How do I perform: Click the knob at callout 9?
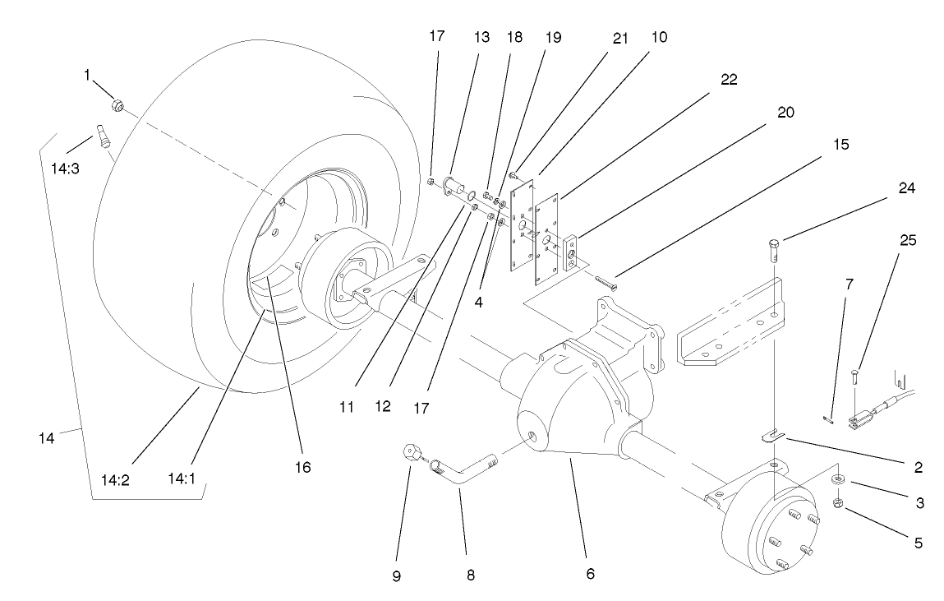(411, 452)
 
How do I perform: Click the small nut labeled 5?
(835, 502)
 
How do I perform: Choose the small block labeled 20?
(573, 252)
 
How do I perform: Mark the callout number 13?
(481, 37)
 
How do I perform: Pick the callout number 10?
(659, 37)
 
